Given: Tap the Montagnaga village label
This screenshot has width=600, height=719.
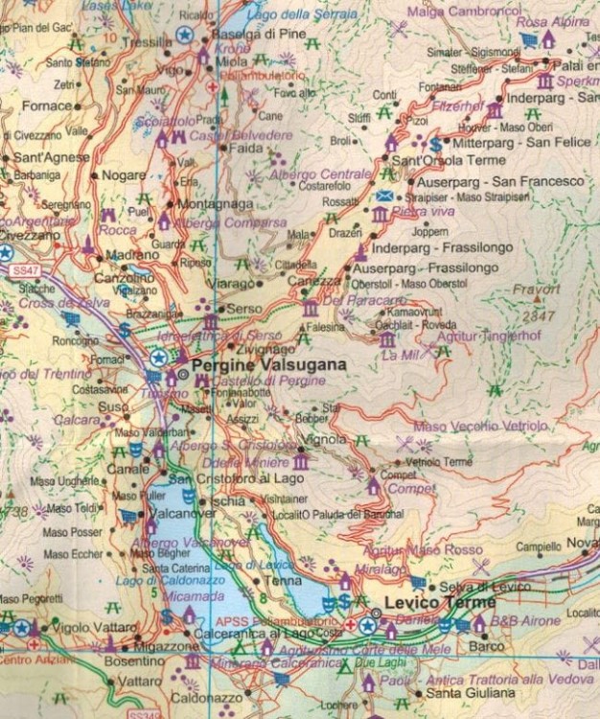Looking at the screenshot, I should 215,204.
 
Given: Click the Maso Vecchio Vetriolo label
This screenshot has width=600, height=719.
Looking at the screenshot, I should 481,426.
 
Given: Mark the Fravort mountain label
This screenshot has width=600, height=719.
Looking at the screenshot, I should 537,289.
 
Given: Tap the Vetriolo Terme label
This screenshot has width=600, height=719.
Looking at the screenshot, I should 440,462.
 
